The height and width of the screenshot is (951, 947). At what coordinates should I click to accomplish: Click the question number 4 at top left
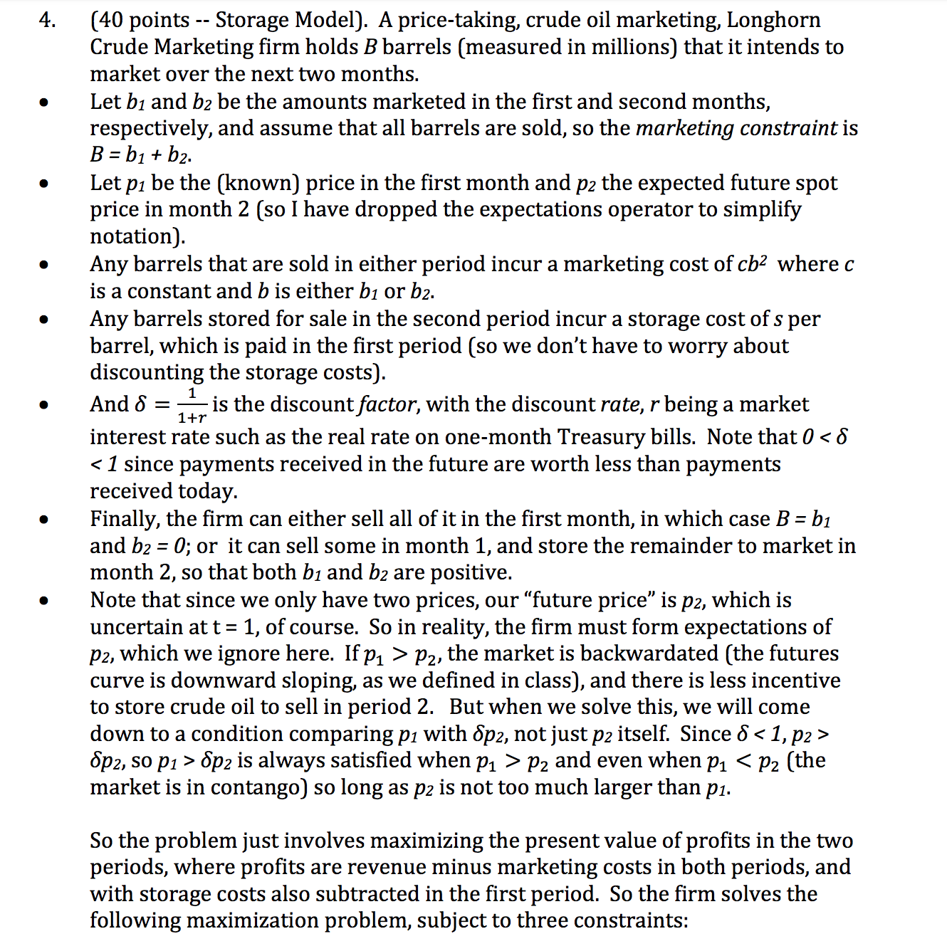(x=46, y=20)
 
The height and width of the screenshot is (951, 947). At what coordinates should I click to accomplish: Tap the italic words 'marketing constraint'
(x=736, y=128)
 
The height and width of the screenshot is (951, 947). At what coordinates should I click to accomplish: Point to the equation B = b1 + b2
(x=140, y=155)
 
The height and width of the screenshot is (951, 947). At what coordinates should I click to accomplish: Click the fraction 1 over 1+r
(x=192, y=405)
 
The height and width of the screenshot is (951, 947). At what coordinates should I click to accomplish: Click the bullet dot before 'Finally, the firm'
(x=44, y=520)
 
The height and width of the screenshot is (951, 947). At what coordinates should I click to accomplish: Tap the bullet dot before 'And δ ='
(x=44, y=405)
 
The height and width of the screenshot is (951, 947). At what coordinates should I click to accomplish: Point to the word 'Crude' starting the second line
(x=119, y=47)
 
